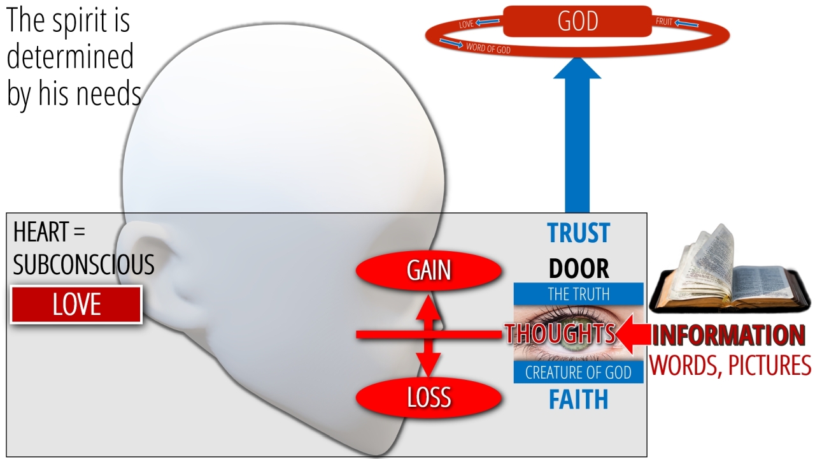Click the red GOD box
click(577, 21)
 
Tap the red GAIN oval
click(429, 270)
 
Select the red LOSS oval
click(429, 397)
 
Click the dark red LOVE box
click(76, 305)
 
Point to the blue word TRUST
click(579, 233)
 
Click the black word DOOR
click(579, 269)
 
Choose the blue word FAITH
click(579, 400)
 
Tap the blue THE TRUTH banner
click(579, 294)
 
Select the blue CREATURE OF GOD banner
click(579, 372)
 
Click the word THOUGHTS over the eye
click(560, 333)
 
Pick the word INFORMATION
click(728, 335)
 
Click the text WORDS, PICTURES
click(730, 365)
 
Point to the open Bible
click(730, 270)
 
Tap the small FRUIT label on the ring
click(664, 22)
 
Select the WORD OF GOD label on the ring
click(488, 48)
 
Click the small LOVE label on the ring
click(466, 24)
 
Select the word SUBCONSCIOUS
click(83, 265)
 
